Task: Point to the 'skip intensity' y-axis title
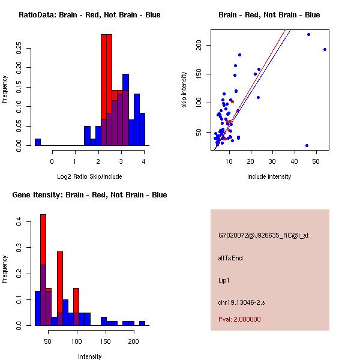tap(184, 89)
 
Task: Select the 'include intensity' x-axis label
tap(269, 176)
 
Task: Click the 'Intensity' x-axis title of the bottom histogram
tap(89, 356)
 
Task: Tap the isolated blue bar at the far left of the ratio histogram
tap(38, 142)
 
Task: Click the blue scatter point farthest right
tap(325, 50)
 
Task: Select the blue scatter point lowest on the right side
tap(307, 145)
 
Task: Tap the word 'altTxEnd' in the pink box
tap(230, 258)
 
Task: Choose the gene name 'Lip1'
tap(224, 280)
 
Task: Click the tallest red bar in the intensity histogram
tap(43, 240)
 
